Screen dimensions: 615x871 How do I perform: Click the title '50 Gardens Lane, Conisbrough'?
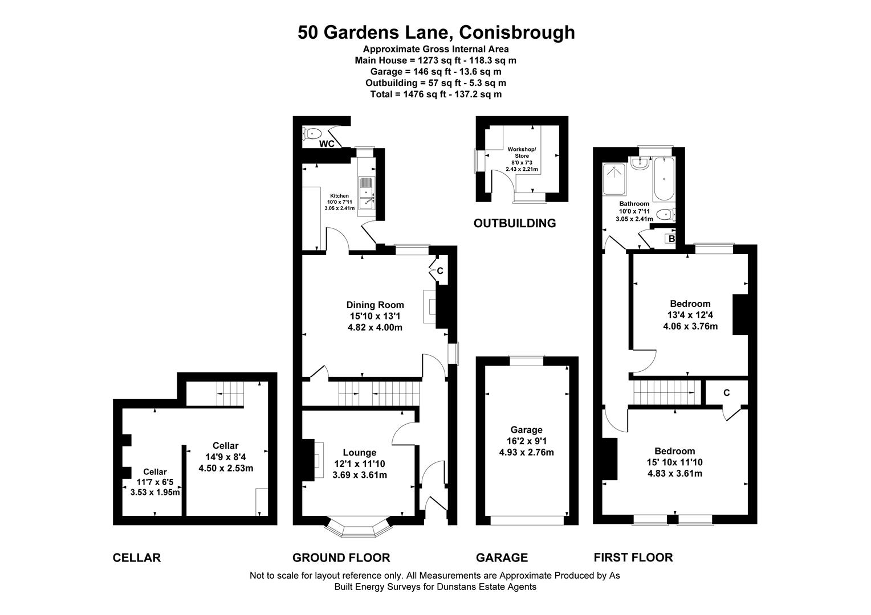435,32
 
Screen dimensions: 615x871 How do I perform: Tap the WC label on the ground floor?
327,143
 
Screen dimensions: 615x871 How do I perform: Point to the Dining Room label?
375,305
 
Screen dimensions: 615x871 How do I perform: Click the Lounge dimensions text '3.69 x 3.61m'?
359,474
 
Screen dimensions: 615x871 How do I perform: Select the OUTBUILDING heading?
514,223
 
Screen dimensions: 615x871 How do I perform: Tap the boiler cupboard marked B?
671,239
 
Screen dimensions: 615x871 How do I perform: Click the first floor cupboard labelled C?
726,392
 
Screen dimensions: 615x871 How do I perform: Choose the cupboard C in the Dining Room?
439,270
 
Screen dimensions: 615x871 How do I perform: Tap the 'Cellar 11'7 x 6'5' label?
154,482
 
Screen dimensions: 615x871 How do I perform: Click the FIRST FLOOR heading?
633,557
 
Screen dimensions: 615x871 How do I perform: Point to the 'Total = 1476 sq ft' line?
435,94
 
